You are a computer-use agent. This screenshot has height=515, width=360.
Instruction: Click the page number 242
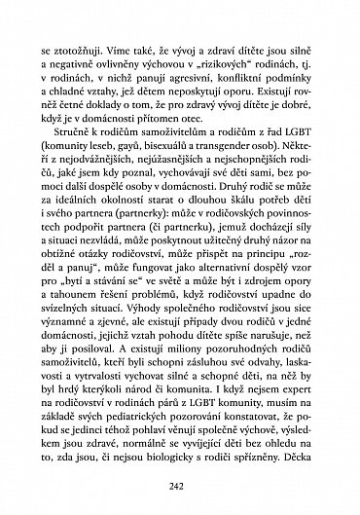click(x=180, y=488)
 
